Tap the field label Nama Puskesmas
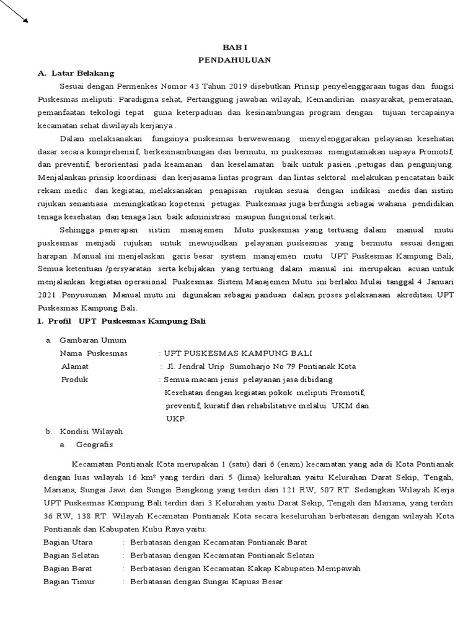coord(93,353)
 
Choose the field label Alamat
coord(75,366)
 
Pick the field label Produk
coord(74,380)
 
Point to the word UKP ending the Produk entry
coord(175,419)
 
